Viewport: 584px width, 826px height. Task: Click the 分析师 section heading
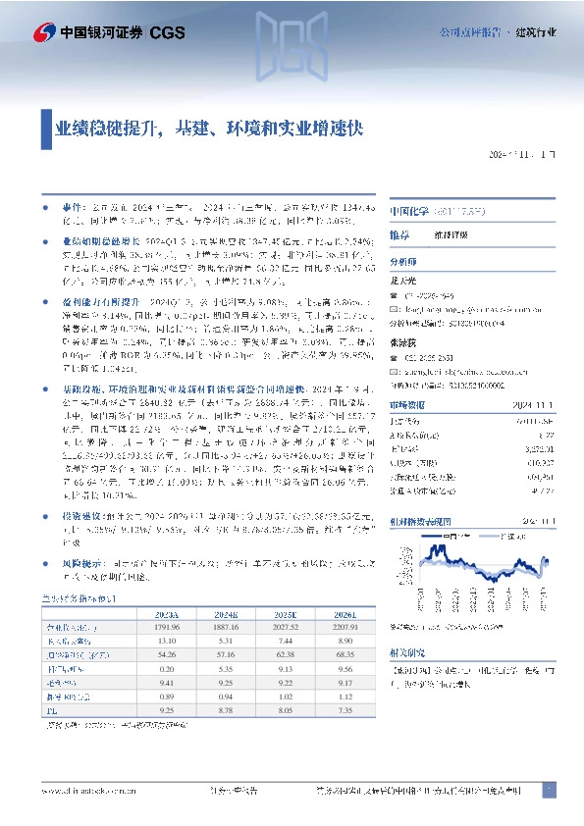pos(403,262)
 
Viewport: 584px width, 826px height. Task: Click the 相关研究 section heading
pos(407,650)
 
